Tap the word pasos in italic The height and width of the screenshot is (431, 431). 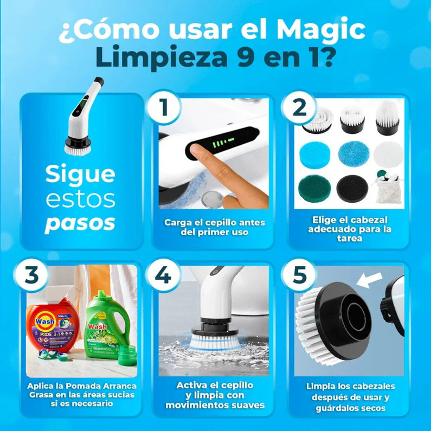(80, 223)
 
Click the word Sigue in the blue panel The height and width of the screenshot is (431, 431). (80, 175)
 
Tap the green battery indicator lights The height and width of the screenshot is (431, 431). (222, 144)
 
